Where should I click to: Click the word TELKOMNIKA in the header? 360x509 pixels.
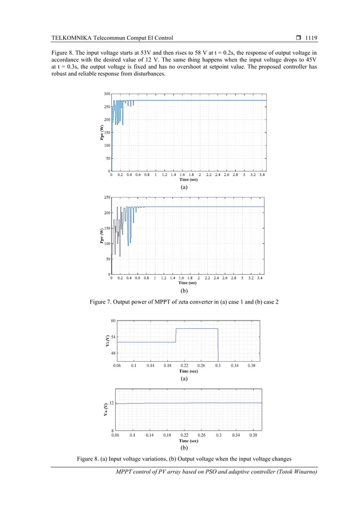pos(71,38)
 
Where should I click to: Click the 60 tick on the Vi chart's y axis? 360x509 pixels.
pos(113,321)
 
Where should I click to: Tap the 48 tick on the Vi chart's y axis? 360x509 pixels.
pos(113,353)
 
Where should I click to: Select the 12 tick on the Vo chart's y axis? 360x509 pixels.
pos(112,403)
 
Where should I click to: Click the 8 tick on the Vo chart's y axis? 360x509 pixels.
pos(113,431)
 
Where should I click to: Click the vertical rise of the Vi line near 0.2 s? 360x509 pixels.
pos(176,335)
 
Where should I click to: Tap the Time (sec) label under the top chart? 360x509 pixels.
pos(185,179)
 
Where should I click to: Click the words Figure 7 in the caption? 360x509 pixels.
pos(103,302)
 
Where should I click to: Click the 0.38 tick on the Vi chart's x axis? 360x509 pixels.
pos(252,366)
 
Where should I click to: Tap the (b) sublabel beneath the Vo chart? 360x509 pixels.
pos(184,449)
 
